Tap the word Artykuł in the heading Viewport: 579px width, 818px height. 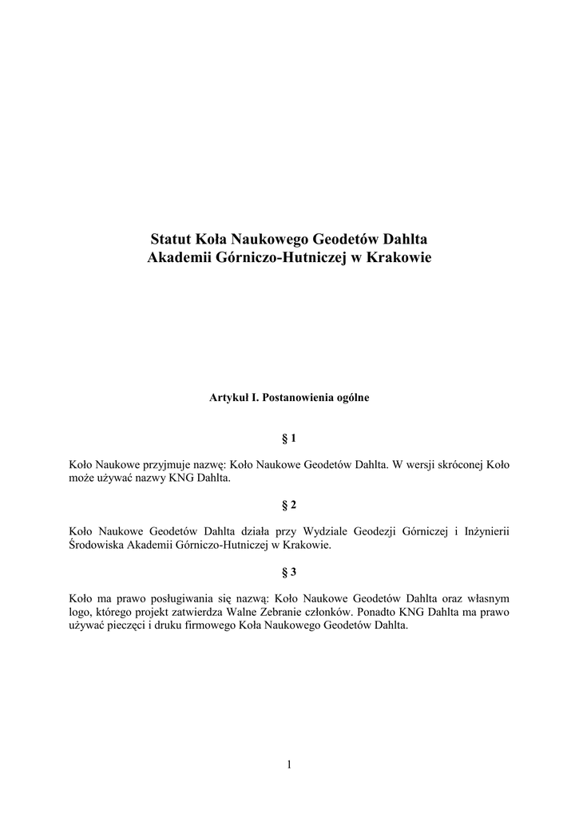[x=228, y=397]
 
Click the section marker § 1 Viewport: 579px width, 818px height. [x=289, y=439]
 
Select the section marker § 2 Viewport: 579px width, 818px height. [x=289, y=506]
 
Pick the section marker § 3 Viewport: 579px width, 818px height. [x=289, y=572]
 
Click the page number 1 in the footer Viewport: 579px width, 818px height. [x=289, y=764]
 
